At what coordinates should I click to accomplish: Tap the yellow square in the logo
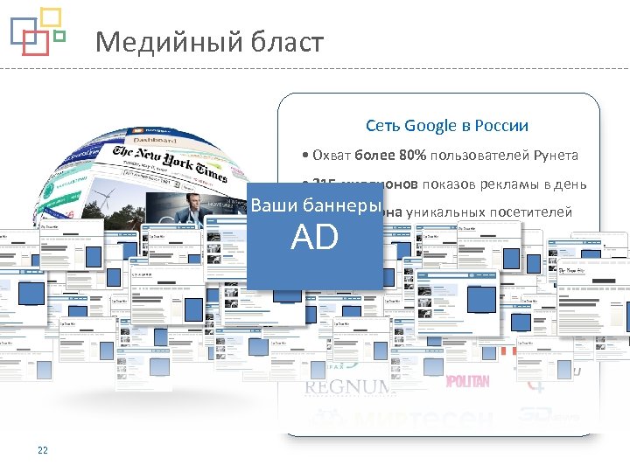click(x=51, y=17)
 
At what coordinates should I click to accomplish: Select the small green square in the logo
click(x=59, y=37)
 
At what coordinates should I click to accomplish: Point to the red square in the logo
click(x=34, y=43)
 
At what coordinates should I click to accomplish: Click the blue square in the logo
click(x=24, y=30)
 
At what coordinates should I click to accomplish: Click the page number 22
click(x=42, y=451)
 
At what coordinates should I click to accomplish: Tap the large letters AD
click(x=315, y=238)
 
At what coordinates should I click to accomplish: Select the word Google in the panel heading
click(x=431, y=126)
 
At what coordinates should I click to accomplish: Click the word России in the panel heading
click(x=501, y=126)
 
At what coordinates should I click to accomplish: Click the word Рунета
click(x=553, y=156)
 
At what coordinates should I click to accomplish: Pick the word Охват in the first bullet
click(x=332, y=156)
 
